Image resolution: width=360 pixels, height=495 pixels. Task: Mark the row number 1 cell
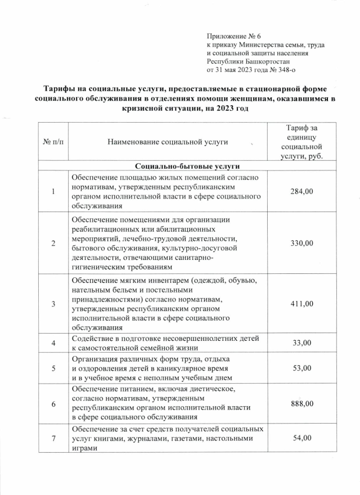(x=53, y=192)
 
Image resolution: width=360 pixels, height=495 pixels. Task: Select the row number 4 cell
(x=53, y=342)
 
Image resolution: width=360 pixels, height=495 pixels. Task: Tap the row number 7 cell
(x=53, y=438)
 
